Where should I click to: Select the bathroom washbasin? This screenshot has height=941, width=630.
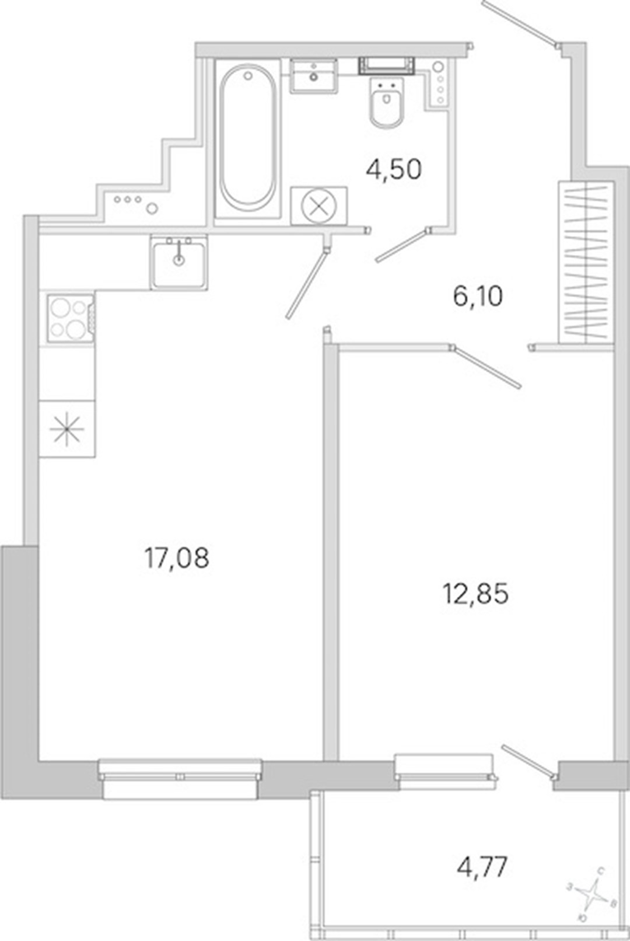pos(314,76)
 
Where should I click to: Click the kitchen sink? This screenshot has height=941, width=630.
pos(179,263)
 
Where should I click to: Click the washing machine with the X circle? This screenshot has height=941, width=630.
pos(319,206)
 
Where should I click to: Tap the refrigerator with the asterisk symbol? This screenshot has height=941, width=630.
pos(67,429)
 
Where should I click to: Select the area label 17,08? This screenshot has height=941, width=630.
pos(176,559)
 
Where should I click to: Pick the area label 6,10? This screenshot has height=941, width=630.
pos(478,297)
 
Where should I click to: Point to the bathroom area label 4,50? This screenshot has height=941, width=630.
pos(394,170)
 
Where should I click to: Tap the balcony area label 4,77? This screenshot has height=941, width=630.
pos(482,867)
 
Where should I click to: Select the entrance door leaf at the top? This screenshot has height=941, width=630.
pos(520,22)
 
